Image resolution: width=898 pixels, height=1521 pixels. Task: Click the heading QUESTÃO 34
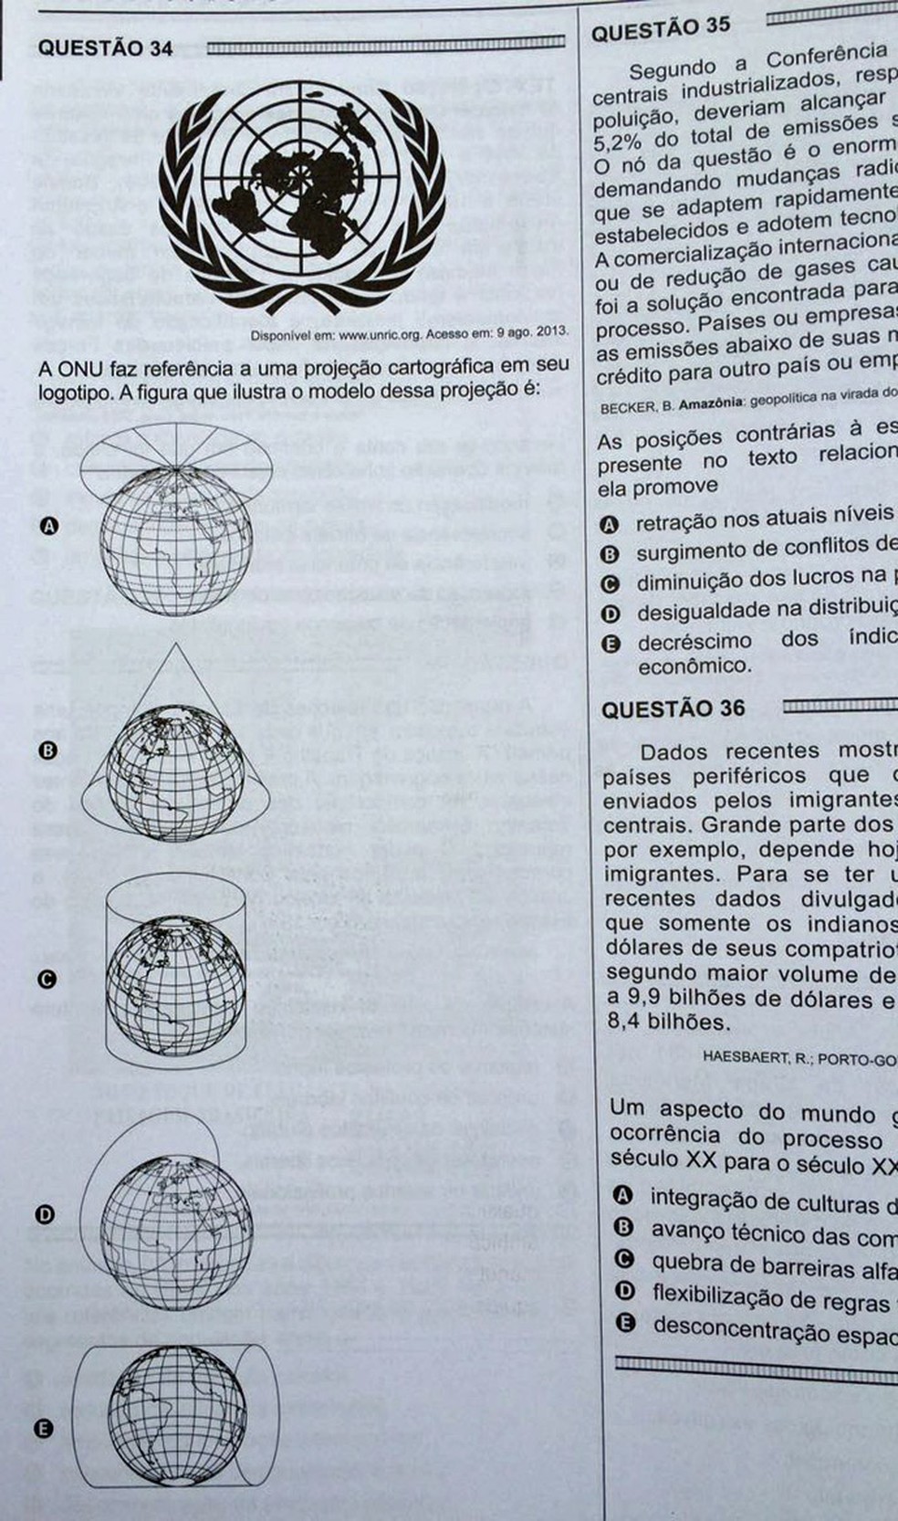pos(105,48)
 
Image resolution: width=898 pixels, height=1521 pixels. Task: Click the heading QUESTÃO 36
pos(673,708)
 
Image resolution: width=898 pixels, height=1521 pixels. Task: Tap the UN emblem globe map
pos(302,191)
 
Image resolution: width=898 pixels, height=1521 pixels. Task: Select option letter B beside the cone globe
pos(49,750)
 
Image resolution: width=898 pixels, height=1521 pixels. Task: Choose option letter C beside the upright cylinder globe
pos(47,980)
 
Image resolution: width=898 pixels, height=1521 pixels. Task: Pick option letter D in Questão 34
pos(46,1214)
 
